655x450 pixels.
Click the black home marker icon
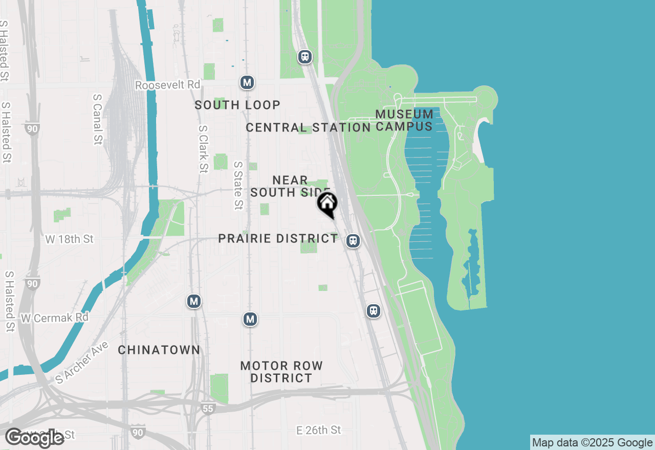pos(327,204)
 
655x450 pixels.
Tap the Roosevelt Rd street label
pos(167,85)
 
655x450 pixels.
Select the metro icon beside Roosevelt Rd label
pos(247,82)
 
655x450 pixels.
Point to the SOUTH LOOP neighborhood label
pos(237,105)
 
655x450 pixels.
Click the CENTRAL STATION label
pos(308,127)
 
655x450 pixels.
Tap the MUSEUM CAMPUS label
pos(404,120)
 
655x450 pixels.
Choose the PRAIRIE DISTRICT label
pos(278,238)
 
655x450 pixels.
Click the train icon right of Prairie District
pos(353,240)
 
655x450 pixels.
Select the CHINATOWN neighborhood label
pos(159,350)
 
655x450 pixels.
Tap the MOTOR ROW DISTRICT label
pos(281,372)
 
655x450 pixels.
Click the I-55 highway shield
pos(207,408)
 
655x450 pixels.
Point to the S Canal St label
pos(98,119)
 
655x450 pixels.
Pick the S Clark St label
pos(203,149)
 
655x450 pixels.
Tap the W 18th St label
pos(70,239)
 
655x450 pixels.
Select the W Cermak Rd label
pos(55,318)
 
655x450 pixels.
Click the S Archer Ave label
pos(82,363)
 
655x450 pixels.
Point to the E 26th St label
pos(319,430)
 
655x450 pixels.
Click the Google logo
pos(35,438)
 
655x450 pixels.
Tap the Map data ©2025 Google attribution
pos(592,443)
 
